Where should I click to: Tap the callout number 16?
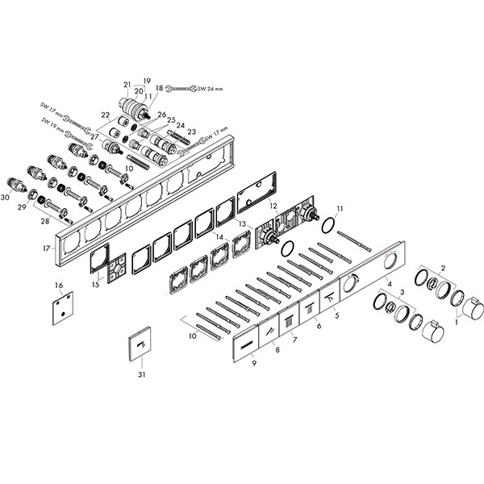point(58,286)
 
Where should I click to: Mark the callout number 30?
point(6,197)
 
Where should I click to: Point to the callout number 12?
point(273,207)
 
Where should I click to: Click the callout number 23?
point(191,131)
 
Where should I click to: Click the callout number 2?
point(443,268)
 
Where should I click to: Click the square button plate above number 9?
point(245,345)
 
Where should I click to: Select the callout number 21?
point(127,84)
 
